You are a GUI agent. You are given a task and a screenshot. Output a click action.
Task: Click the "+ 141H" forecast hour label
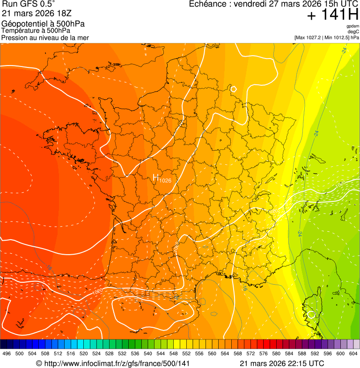(332, 15)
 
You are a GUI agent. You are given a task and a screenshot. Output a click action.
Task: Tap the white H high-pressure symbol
(156, 177)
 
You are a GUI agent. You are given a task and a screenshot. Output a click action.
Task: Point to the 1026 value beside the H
(165, 181)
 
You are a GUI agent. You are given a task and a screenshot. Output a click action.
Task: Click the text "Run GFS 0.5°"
(28, 4)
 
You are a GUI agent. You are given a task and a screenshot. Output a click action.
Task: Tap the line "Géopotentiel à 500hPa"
(43, 24)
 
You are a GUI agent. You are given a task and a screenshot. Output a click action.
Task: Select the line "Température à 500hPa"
(36, 30)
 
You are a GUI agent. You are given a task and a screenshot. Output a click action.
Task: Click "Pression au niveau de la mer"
(45, 37)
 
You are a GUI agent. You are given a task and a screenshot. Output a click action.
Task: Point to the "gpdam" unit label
(353, 26)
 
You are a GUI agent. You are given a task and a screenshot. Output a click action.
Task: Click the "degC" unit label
(353, 31)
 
